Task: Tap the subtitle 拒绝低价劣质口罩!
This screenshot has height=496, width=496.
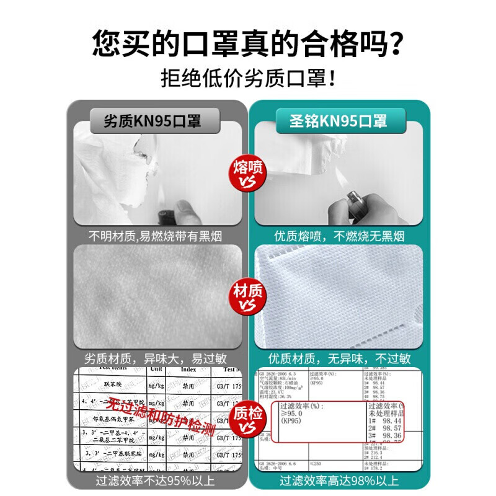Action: click(x=248, y=78)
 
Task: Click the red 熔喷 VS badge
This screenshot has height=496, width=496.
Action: click(x=247, y=173)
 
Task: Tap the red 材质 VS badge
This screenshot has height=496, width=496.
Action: click(x=247, y=296)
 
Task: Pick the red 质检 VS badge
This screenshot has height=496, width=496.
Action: click(x=247, y=419)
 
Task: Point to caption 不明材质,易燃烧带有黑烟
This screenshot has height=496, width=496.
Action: click(x=155, y=236)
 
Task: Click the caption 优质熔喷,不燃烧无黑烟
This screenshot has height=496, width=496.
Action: click(x=339, y=236)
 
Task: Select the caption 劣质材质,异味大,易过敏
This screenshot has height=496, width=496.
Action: click(x=155, y=358)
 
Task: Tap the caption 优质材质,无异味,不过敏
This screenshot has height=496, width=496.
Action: click(x=339, y=358)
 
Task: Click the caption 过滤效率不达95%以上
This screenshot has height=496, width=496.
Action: click(x=155, y=480)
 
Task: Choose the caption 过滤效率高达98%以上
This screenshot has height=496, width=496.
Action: click(x=339, y=480)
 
